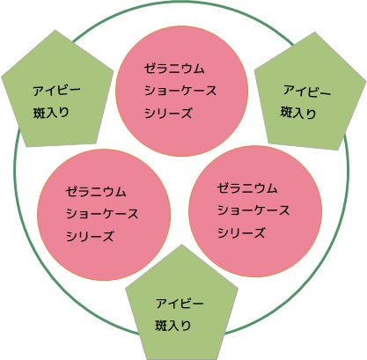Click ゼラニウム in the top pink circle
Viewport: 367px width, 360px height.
174,69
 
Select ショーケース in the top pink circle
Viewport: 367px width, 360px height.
180,91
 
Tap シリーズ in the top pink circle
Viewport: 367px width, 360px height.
168,113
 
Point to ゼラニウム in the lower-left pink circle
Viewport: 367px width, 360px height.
96,192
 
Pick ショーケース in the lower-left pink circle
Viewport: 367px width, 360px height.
102,214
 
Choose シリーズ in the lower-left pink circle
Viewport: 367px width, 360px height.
90,236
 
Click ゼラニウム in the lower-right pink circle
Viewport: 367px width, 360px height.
247,188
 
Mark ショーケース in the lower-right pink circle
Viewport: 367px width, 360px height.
253,210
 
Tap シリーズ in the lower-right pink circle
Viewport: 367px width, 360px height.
241,233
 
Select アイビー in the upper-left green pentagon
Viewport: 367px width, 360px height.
56,91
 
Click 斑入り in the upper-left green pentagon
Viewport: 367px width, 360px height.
51,113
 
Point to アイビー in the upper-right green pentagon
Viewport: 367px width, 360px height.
307,91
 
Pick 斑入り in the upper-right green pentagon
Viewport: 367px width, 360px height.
298,113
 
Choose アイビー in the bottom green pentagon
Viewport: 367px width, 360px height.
180,303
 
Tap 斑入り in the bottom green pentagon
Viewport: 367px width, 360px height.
173,326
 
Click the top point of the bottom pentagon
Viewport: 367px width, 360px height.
181,245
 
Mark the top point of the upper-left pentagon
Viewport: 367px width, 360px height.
55,30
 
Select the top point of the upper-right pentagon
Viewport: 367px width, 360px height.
315,32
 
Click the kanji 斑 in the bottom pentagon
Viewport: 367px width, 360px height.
161,326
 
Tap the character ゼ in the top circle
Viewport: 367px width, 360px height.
150,69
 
